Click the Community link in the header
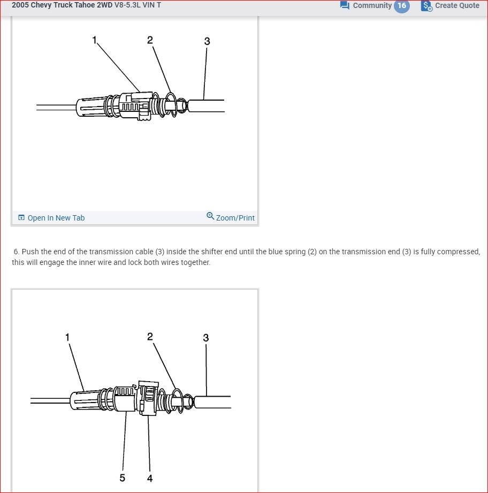(x=372, y=5)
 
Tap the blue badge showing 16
(x=401, y=5)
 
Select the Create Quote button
(x=456, y=5)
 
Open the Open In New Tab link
(x=56, y=218)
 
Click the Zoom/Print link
(x=235, y=218)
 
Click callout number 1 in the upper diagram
(x=95, y=40)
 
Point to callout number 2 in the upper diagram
(x=150, y=40)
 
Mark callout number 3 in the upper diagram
(x=207, y=41)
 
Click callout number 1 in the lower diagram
(x=67, y=337)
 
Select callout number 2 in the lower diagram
(x=150, y=336)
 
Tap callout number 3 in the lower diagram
(x=206, y=338)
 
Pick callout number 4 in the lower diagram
(x=150, y=478)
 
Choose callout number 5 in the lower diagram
(x=123, y=477)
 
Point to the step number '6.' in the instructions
(x=17, y=252)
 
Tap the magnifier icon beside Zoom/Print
(x=210, y=216)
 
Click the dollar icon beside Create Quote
(x=426, y=6)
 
